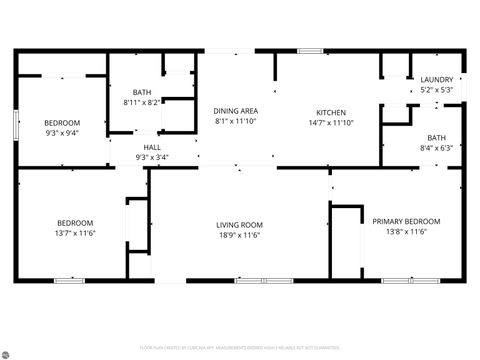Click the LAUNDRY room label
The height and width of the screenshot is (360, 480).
pos(436,80)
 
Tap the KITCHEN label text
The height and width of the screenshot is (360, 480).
pos(331,113)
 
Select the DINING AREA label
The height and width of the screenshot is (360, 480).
pos(236,111)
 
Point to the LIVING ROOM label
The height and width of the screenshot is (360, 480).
pos(240,225)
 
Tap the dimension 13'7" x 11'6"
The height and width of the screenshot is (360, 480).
pos(75,233)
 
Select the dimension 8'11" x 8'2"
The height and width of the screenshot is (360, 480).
pos(142,102)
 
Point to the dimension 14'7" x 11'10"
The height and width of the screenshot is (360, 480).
pos(331,123)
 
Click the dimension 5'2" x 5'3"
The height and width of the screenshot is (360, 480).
pos(436,90)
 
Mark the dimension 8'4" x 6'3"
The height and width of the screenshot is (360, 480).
pos(437,148)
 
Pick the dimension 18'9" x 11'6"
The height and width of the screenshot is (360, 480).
pos(240,235)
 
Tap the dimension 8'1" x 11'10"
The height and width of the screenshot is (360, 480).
pos(236,121)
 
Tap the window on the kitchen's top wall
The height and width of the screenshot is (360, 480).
pos(310,50)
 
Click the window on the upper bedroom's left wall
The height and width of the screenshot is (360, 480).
pos(15,124)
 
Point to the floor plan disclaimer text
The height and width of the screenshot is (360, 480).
pos(240,349)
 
